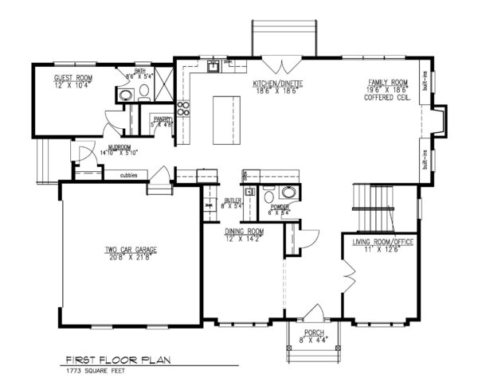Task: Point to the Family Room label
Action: pos(387,83)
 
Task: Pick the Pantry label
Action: pos(163,119)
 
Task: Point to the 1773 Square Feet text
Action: pos(100,371)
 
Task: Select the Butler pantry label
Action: pos(233,201)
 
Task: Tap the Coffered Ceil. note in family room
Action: pos(387,97)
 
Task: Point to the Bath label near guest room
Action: pos(140,72)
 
